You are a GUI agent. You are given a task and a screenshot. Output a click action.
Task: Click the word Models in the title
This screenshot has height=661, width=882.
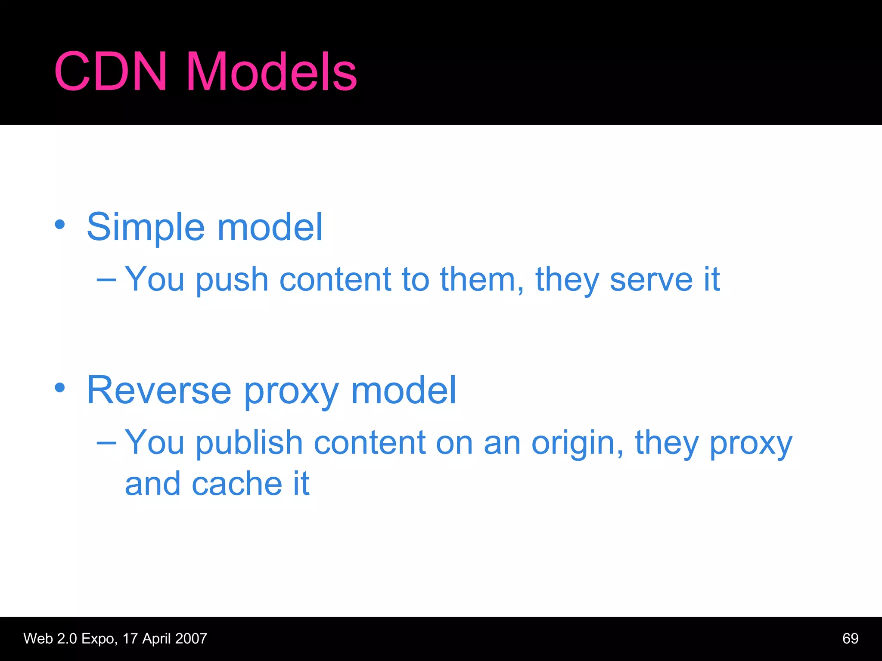pos(271,72)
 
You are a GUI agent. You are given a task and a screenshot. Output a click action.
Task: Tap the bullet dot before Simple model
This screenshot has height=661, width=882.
pos(60,224)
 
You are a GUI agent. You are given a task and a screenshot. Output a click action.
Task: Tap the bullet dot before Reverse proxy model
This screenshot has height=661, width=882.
pos(60,388)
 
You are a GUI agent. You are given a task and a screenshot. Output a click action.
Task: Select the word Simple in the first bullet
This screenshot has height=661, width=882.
pos(146,227)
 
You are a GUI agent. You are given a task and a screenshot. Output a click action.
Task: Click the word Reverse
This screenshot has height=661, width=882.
pos(159,390)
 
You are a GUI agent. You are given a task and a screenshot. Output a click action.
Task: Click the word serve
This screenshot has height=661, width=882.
pos(651,280)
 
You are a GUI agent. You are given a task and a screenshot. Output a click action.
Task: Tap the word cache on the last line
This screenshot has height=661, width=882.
pos(237,484)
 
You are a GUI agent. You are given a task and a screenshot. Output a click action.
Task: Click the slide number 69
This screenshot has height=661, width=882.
pos(850,638)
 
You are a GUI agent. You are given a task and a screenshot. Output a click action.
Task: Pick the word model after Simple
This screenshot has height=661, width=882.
pos(270,227)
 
